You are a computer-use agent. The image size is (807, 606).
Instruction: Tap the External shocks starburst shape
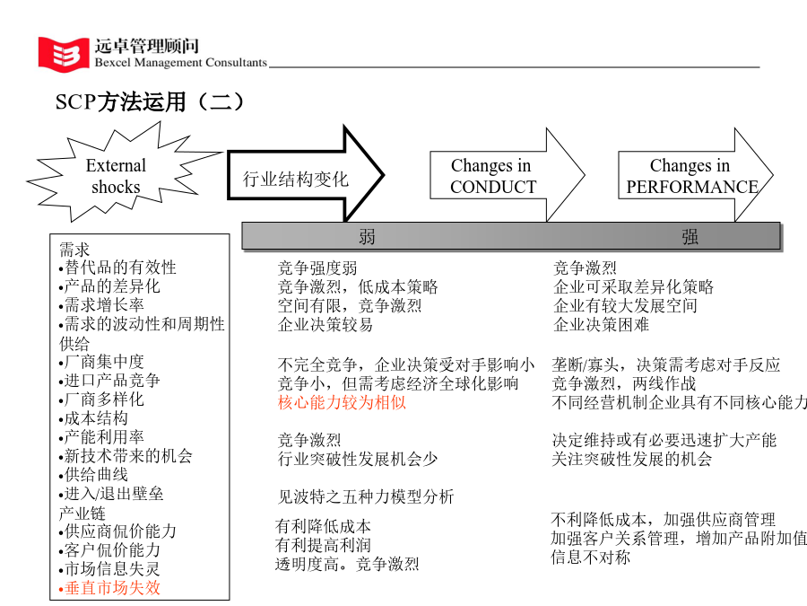[x=124, y=172]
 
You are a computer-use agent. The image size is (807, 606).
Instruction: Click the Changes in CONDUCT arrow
[x=507, y=175]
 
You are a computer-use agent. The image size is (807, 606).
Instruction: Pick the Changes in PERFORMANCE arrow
[x=695, y=175]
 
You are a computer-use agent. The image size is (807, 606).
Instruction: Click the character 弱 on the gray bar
[x=367, y=237]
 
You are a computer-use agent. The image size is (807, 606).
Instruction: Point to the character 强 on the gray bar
[x=690, y=237]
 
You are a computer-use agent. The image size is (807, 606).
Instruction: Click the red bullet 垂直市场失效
[x=109, y=588]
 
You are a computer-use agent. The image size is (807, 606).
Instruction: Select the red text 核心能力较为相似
[x=342, y=402]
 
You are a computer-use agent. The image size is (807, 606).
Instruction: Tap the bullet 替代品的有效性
[x=117, y=268]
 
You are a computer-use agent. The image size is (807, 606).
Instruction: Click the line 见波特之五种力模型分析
[x=366, y=496]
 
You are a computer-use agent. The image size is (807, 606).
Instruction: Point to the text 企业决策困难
[x=601, y=325]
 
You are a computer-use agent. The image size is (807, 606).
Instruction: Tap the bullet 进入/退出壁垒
[x=111, y=494]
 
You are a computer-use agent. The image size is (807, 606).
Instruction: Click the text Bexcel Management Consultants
[x=180, y=62]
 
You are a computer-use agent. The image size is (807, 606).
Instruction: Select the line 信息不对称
[x=590, y=557]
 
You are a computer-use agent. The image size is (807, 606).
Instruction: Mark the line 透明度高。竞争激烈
[x=347, y=565]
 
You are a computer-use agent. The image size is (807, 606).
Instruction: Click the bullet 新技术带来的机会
[x=126, y=456]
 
